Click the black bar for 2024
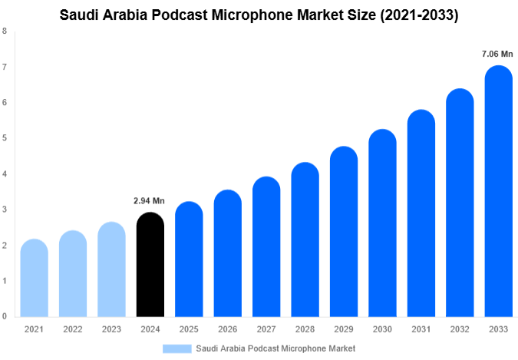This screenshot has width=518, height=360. (150, 265)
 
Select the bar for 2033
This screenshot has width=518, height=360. (499, 192)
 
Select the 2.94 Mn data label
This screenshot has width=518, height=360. (150, 200)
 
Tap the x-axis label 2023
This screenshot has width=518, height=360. (111, 329)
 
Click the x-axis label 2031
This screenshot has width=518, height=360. (421, 329)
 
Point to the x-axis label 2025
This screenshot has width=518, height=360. (189, 329)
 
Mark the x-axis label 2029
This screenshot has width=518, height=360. (344, 329)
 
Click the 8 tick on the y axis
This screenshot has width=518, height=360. (5, 31)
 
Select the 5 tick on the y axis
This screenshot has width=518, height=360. (5, 138)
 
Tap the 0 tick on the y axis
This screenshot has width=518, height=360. (5, 316)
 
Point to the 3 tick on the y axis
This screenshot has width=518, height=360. (5, 210)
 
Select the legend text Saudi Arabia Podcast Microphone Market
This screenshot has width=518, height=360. (275, 348)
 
